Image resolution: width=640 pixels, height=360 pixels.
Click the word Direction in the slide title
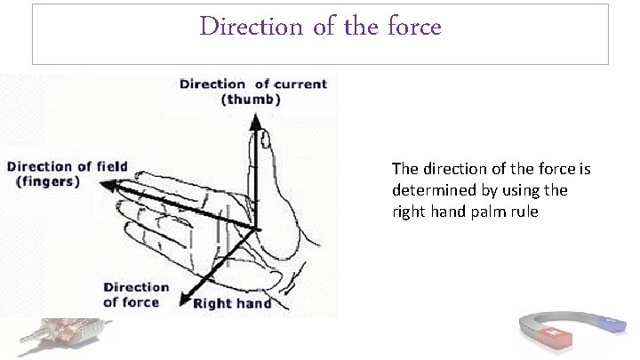pos(238,27)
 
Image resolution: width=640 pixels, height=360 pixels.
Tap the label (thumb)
pos(251,100)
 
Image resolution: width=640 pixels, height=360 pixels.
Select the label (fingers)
pos(48,181)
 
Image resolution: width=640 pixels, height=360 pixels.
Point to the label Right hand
pos(233,303)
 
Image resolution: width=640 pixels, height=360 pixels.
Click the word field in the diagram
pos(110,166)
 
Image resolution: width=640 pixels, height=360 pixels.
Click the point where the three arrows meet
pos(258,228)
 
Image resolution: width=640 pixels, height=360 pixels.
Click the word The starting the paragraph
pos(404,168)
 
